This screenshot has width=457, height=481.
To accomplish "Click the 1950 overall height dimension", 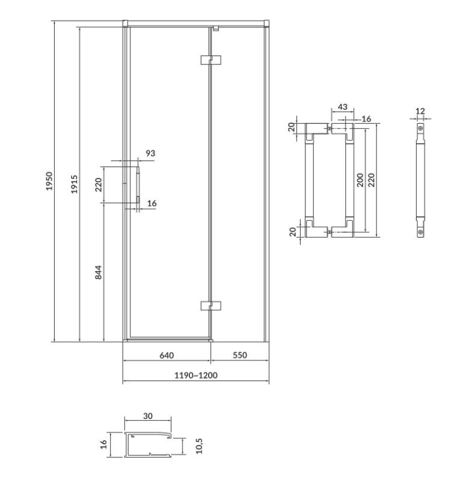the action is [49, 181].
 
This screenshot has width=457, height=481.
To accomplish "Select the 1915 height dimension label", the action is [75, 184].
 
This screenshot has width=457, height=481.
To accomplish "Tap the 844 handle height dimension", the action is [98, 272].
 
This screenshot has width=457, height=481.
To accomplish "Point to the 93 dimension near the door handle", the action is [150, 153].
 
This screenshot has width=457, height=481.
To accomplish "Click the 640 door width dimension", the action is [167, 355].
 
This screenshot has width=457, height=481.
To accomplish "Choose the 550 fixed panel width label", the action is [239, 355].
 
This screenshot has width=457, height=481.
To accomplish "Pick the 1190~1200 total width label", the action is [196, 375].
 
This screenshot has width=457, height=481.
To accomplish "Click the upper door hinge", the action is [211, 60].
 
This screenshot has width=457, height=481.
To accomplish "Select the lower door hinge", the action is [211, 305].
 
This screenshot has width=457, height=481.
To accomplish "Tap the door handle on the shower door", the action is [138, 185].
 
